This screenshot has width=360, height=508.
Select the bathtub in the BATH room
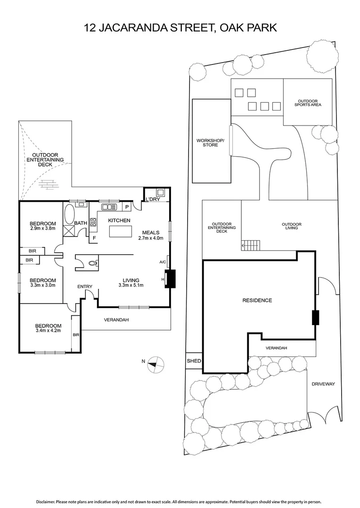point(70,214)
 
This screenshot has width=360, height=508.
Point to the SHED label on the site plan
point(194,361)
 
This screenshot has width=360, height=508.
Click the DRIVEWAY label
point(323,384)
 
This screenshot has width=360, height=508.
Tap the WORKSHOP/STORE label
point(210,143)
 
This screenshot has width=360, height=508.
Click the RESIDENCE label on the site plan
point(257,300)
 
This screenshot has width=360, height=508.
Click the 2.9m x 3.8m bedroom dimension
point(43,229)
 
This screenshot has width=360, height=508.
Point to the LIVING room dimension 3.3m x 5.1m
point(131,285)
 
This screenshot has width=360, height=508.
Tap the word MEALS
point(152,232)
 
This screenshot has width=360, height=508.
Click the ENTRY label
point(85,286)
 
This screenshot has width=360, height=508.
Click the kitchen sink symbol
point(109,206)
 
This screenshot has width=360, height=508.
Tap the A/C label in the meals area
point(163,262)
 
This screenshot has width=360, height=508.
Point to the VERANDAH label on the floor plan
point(116,320)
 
